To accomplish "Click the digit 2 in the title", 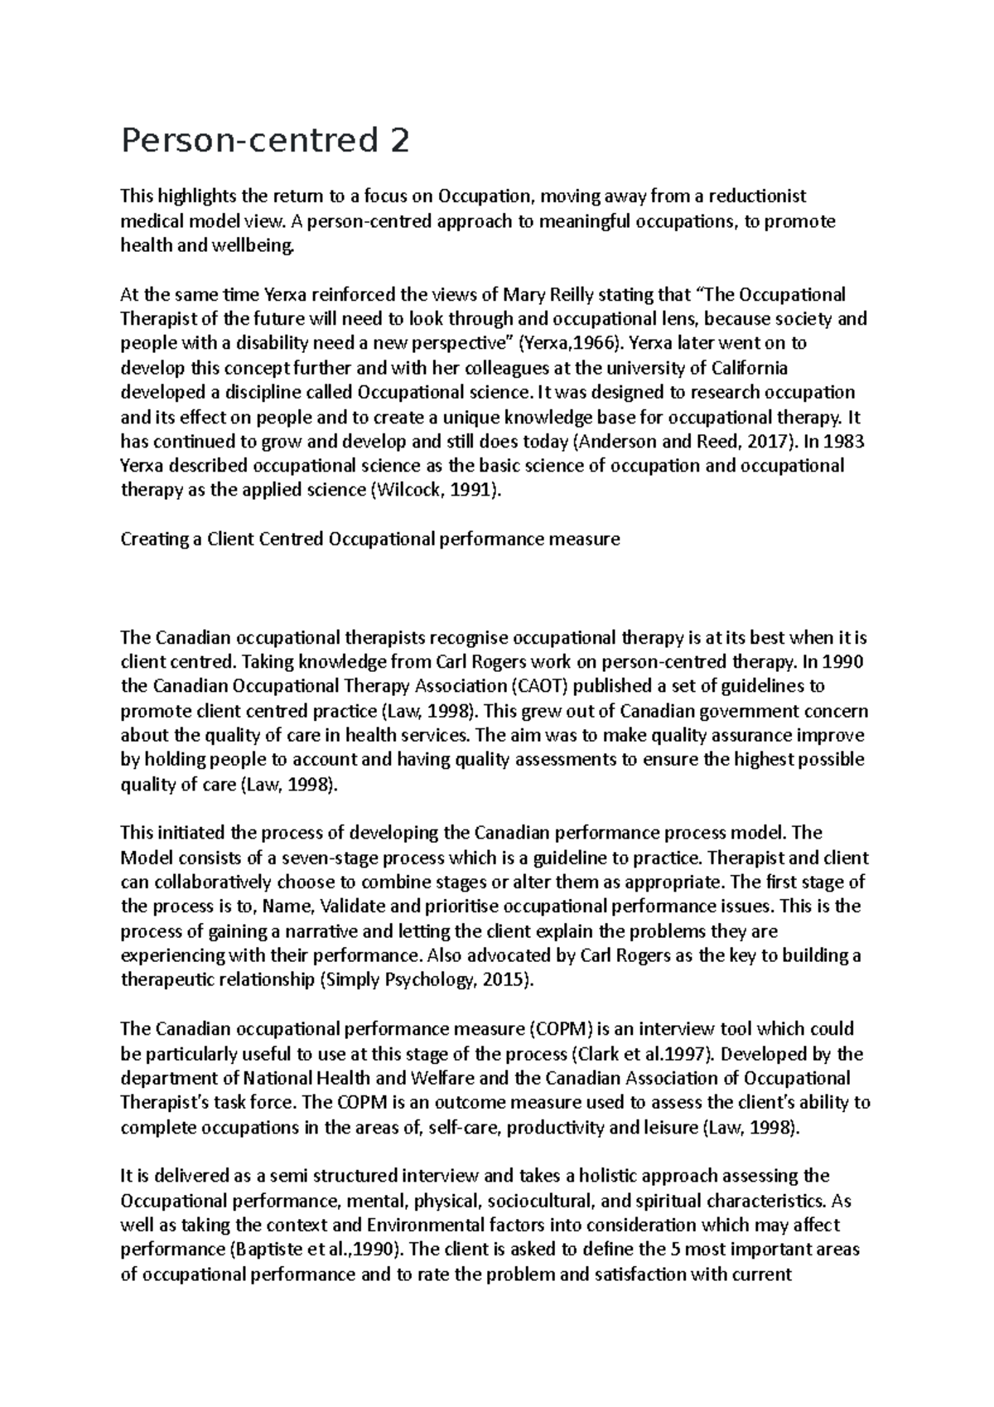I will (x=398, y=143).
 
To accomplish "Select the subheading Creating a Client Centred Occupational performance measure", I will (x=370, y=539).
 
